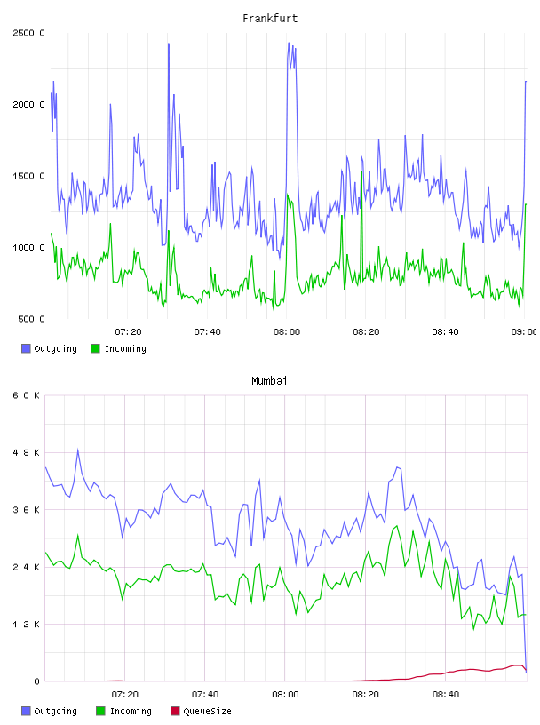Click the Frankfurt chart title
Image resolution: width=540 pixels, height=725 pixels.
270,19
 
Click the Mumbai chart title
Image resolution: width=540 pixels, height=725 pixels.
269,381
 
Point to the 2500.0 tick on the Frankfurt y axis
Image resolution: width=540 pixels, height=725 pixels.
28,33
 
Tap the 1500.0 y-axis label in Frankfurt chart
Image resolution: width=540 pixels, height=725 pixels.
28,176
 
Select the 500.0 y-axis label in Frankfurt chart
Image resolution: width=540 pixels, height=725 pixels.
31,319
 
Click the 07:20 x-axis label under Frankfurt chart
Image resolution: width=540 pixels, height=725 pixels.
128,332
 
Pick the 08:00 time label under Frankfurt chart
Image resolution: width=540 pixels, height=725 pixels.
287,332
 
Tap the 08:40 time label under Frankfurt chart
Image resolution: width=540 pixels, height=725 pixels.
445,332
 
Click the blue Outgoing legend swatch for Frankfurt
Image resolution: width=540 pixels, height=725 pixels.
26,348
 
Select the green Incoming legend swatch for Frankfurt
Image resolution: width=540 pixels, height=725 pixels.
95,348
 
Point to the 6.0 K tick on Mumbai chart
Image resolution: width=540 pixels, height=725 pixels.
27,395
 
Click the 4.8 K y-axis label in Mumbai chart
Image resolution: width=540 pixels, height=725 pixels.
27,452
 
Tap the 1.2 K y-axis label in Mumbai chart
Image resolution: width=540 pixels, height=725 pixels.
27,625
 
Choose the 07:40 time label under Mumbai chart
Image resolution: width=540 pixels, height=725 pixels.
205,695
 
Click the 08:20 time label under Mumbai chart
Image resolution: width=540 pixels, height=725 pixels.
365,695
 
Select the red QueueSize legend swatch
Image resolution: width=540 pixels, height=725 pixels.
175,711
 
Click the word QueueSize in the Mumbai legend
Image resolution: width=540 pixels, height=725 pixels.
207,711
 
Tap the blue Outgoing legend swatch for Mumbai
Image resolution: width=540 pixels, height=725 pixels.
26,711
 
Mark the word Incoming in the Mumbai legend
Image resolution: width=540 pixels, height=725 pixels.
131,711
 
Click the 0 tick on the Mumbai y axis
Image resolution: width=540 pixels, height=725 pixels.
37,681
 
